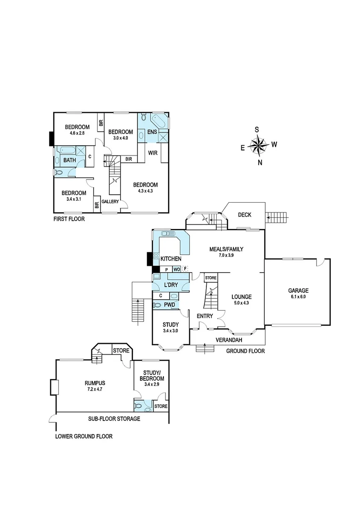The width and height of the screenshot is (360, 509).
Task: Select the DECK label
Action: tap(245, 215)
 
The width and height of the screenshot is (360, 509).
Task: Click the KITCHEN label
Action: tap(171, 259)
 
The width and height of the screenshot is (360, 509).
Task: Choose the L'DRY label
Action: tap(171, 286)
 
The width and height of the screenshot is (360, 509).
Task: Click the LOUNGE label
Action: tap(242, 297)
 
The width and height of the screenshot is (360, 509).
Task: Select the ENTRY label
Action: tap(205, 316)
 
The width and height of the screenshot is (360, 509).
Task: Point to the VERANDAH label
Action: tap(229, 340)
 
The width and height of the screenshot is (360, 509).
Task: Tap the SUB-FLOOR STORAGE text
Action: tap(114, 419)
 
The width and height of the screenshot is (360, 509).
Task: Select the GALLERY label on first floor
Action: tap(110, 202)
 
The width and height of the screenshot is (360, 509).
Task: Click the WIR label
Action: tap(153, 153)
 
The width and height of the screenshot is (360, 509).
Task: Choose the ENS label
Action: tap(152, 132)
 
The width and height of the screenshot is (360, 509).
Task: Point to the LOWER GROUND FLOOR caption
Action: tap(84, 436)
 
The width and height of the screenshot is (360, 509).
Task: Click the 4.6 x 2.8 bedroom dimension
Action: tap(77, 133)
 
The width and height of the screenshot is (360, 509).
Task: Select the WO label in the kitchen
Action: tap(176, 269)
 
